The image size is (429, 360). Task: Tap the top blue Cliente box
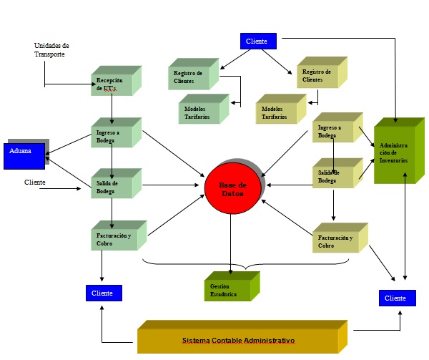257,42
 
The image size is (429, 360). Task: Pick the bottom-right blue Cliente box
397,298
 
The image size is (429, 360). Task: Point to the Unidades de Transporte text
51,49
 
